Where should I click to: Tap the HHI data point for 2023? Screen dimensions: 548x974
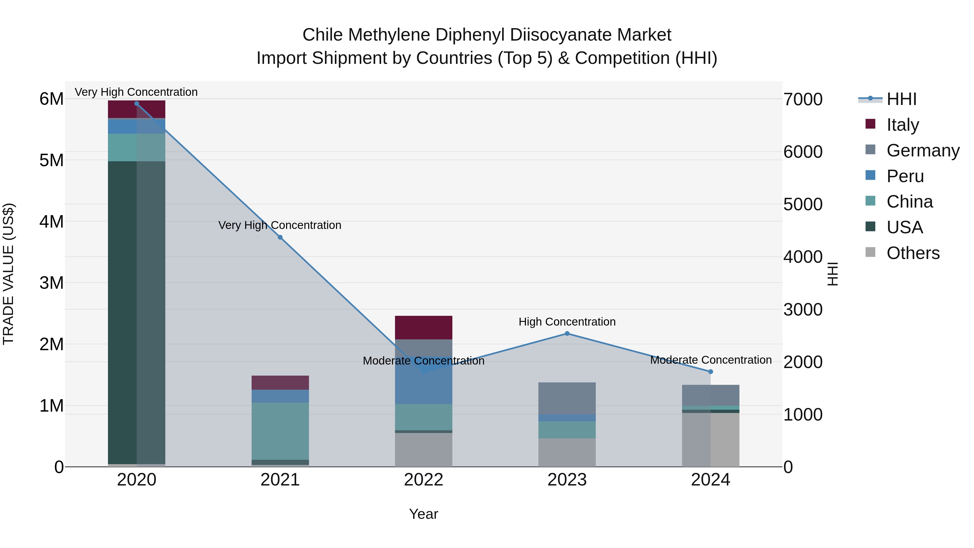coord(567,334)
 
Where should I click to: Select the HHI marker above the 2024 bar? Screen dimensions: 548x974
coord(710,372)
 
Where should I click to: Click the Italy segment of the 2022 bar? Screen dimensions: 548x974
coord(423,327)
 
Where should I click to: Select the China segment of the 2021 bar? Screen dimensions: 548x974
coord(280,431)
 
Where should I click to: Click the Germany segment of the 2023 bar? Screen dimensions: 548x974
coord(567,398)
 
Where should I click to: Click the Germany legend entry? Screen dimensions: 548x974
coord(923,150)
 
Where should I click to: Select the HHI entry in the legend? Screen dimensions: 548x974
coord(901,99)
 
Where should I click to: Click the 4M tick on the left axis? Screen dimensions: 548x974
coord(51,222)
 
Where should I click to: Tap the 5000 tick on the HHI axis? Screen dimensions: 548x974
coord(803,205)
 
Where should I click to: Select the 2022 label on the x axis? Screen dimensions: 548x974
coord(423,480)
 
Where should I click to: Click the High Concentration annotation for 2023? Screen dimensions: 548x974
coord(567,322)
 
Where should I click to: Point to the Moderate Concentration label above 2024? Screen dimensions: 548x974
coord(711,360)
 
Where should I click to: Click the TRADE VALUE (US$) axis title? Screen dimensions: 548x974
coord(9,274)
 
